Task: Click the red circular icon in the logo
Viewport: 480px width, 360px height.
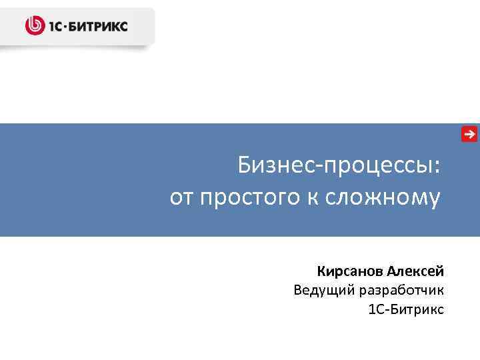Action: [x=34, y=26]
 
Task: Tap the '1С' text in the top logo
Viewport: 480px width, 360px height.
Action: [x=54, y=27]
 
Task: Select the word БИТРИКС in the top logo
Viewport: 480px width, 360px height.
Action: [x=99, y=27]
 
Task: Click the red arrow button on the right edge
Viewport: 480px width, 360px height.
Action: [x=469, y=134]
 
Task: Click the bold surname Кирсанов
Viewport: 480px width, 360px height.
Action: [x=351, y=271]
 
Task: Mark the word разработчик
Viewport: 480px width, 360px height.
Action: [x=401, y=291]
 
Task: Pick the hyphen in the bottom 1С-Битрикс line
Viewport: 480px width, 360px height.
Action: [x=386, y=310]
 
